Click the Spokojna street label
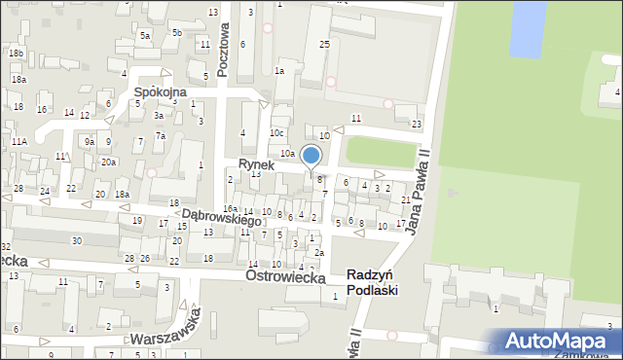160,93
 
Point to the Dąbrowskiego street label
222,217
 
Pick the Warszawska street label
171,333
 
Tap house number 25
324,45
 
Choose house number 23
417,124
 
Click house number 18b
16,53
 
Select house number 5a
144,35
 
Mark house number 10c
277,132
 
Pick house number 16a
230,209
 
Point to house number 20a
109,162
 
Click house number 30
76,240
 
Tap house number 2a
318,253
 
